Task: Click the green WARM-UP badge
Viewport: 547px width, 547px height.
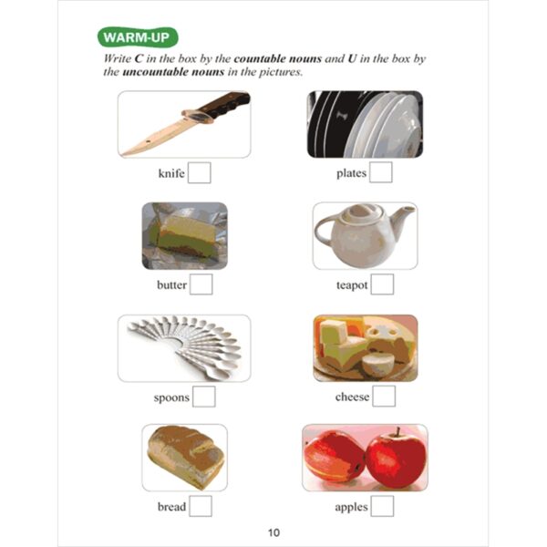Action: coord(138,37)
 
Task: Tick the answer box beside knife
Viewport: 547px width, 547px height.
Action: coord(199,172)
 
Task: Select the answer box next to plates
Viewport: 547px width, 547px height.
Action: coord(380,172)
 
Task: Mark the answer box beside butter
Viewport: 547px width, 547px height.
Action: coord(201,284)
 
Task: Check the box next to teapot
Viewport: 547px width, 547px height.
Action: coord(382,284)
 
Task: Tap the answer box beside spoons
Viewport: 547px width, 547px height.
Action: coord(203,397)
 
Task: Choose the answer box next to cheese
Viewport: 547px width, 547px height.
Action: coord(384,396)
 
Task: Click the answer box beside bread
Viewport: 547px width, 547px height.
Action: coord(201,506)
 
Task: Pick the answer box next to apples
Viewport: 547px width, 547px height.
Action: coord(382,506)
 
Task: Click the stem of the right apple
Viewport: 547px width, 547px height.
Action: coord(397,431)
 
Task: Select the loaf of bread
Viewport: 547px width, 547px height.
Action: coord(186,457)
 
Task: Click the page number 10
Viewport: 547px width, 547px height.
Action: coord(273,532)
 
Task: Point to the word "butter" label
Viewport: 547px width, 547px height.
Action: coord(171,285)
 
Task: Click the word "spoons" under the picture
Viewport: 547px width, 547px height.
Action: coord(171,397)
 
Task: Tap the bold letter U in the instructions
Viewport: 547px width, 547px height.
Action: coord(352,58)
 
